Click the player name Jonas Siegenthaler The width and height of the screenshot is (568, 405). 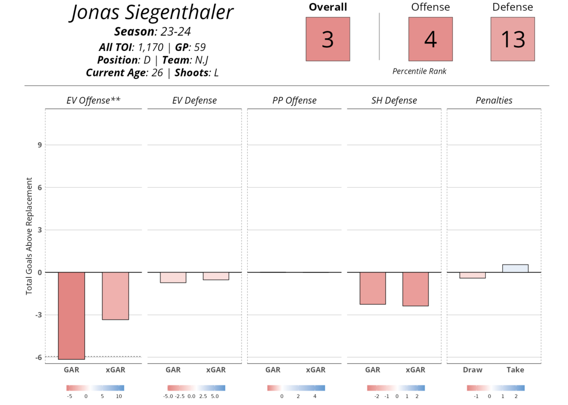click(x=152, y=12)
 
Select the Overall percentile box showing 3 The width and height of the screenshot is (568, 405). click(x=328, y=39)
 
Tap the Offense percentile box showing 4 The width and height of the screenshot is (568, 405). click(x=430, y=39)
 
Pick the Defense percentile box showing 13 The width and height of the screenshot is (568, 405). click(x=513, y=39)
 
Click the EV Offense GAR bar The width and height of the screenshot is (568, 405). click(x=71, y=316)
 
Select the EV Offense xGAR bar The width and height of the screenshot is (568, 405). click(x=115, y=296)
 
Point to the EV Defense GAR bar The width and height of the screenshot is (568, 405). click(x=173, y=277)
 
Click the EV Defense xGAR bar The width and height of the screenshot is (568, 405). click(x=216, y=276)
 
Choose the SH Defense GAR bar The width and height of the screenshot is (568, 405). click(x=373, y=288)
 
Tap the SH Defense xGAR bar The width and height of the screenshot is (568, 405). click(x=416, y=289)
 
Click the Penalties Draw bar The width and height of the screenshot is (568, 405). click(x=472, y=275)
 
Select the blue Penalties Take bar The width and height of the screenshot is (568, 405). click(x=515, y=268)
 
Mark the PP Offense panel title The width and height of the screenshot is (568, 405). click(x=294, y=101)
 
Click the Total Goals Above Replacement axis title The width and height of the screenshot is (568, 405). click(x=29, y=236)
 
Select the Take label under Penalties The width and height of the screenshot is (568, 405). click(x=515, y=370)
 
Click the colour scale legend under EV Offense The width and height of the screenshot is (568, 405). click(x=95, y=388)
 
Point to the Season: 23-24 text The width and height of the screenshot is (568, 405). click(x=152, y=32)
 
